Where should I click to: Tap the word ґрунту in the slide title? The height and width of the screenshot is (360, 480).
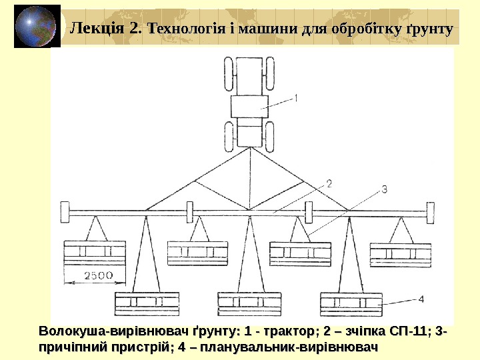tap(429, 29)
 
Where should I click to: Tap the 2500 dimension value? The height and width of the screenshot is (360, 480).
tap(99, 275)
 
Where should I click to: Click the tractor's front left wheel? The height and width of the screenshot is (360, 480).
tap(228, 70)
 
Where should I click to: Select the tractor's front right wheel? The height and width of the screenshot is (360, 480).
tap(270, 70)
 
